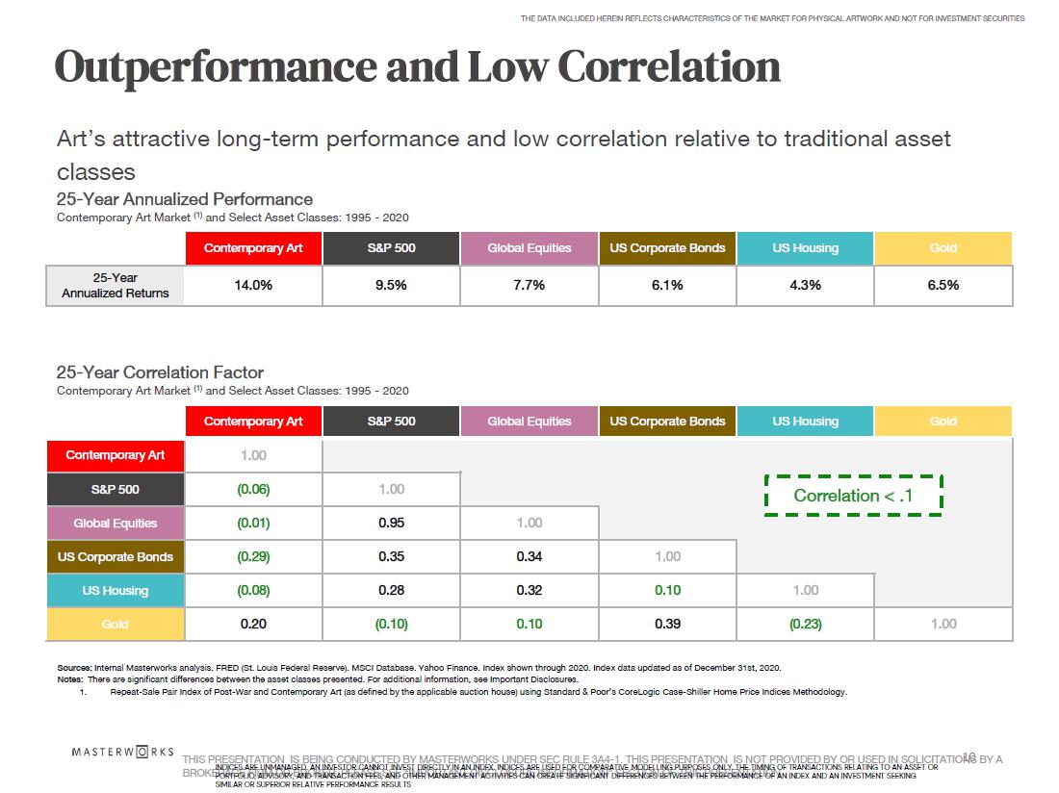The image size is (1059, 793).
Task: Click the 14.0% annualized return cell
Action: (253, 285)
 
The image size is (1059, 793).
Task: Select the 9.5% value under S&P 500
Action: (391, 285)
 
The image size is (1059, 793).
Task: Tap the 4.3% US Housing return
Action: (805, 285)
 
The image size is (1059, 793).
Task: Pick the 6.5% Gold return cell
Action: (943, 285)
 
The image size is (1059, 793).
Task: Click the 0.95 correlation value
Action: (391, 524)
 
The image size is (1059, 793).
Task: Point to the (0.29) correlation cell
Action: (253, 557)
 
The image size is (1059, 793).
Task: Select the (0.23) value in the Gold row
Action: (805, 625)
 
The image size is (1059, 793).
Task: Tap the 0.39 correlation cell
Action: (667, 625)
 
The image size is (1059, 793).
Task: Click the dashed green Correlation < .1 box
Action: (853, 496)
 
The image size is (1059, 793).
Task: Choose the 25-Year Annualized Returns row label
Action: (116, 286)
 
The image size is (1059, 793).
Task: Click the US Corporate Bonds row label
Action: (116, 557)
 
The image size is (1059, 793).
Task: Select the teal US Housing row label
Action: (116, 591)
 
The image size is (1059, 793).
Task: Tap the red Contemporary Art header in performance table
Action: (253, 248)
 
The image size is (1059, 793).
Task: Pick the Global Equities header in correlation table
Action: (529, 422)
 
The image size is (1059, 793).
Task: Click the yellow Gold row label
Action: (116, 625)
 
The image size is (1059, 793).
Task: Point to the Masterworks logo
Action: (123, 751)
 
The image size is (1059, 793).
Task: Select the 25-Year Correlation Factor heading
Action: (160, 372)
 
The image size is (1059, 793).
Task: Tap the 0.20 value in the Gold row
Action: (253, 625)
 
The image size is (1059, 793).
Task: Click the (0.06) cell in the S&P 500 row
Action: (253, 490)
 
